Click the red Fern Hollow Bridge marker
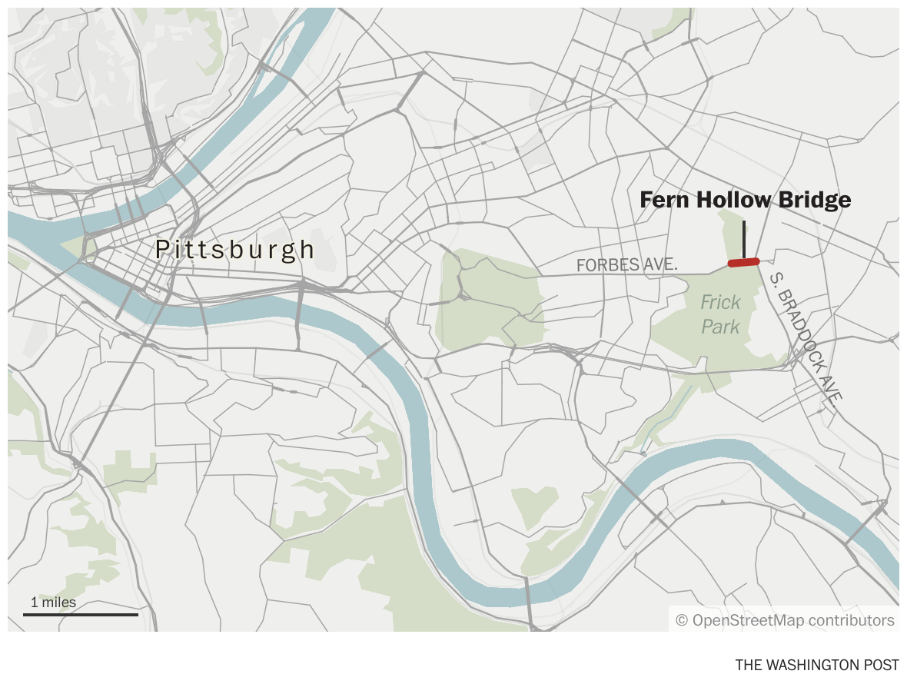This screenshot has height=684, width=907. click(x=743, y=262)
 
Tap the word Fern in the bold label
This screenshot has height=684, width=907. click(x=666, y=201)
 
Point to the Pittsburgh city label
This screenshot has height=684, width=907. click(x=235, y=250)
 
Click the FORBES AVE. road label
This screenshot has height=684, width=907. click(x=626, y=265)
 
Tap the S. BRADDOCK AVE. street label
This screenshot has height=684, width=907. click(x=806, y=335)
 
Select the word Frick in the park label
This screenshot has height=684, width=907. click(x=720, y=303)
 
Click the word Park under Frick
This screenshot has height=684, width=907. click(x=720, y=327)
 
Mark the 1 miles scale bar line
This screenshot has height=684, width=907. click(x=81, y=614)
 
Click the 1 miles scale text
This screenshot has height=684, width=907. click(x=54, y=603)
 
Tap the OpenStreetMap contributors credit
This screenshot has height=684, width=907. click(x=785, y=620)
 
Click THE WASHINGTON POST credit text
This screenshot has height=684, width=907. click(x=816, y=665)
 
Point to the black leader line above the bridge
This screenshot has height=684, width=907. click(x=743, y=238)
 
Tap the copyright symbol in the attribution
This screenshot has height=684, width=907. click(x=681, y=620)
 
